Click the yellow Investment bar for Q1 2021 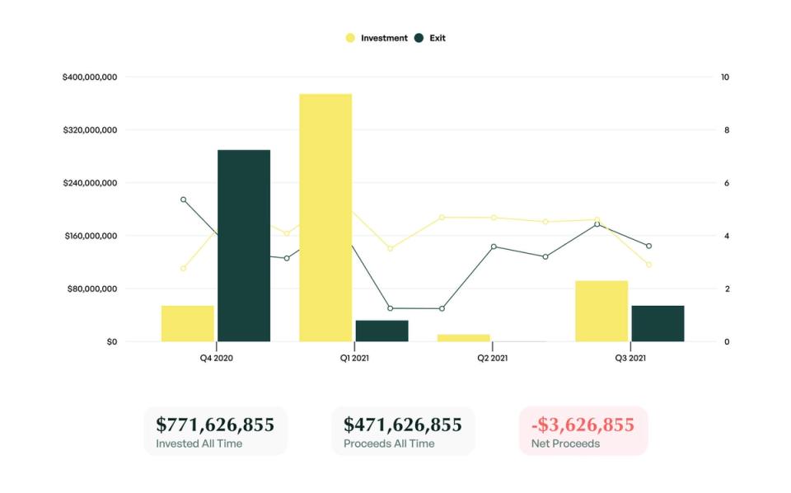click(325, 218)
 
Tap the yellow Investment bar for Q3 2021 click(601, 311)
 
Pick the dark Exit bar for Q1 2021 click(381, 331)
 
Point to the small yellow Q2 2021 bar click(463, 337)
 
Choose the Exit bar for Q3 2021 click(658, 323)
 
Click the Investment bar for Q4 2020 click(187, 323)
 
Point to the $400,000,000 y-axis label click(89, 77)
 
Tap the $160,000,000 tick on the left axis click(89, 236)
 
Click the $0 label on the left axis click(111, 341)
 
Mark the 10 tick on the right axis click(725, 77)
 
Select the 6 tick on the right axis click(727, 183)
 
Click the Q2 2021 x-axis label click(492, 359)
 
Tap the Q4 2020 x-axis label click(216, 359)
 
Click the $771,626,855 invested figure click(215, 425)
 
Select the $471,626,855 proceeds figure click(402, 425)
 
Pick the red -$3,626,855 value click(583, 425)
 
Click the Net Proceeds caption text click(565, 444)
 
